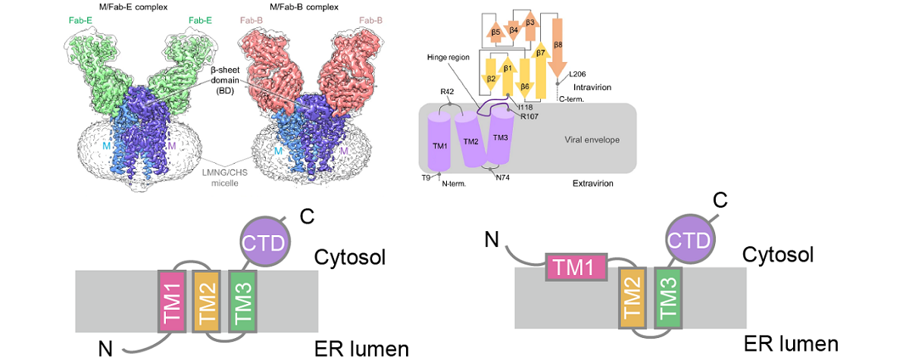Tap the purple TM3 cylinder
tap(499, 136)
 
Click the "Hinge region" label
tap(448, 57)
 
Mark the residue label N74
tap(503, 177)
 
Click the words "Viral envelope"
tap(592, 140)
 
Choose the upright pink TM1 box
tap(172, 300)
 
